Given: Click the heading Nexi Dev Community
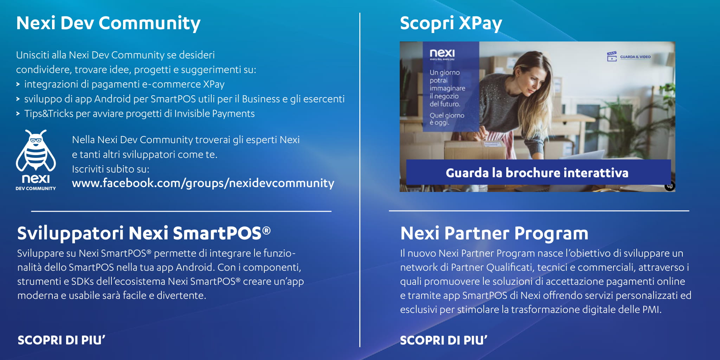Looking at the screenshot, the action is point(108,24).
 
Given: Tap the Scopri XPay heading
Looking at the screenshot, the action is point(451,24).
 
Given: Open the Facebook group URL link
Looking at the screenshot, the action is point(203,183).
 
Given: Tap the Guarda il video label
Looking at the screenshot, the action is point(635,57).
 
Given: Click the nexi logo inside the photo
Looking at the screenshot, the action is point(442,53).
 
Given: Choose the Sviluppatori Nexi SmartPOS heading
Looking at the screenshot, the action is point(144,233).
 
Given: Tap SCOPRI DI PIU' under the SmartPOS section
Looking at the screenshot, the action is point(62,340).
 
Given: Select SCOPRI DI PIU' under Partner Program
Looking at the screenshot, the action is point(444,340).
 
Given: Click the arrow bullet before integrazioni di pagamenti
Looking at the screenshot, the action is point(18,84).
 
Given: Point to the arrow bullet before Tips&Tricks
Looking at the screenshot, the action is point(18,114).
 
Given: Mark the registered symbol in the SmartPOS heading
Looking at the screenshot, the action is point(266,231).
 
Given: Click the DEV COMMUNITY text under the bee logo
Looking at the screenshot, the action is point(36,188).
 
